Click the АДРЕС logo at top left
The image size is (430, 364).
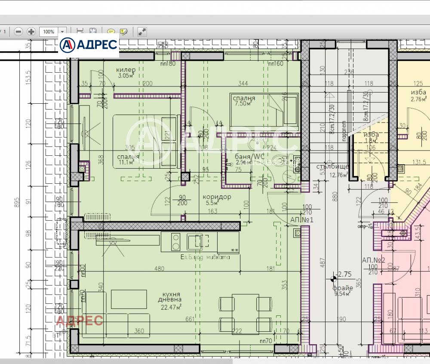[89, 44]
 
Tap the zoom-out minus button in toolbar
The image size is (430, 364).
[18, 31]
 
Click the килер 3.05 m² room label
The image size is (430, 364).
[126, 73]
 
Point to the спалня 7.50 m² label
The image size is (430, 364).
[244, 100]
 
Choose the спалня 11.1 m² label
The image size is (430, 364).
[128, 159]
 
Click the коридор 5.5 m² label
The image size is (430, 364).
[217, 199]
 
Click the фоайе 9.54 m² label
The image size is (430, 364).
[343, 290]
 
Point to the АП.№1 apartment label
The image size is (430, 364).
[301, 219]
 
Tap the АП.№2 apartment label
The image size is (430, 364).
[373, 260]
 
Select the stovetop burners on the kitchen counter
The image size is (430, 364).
[175, 242]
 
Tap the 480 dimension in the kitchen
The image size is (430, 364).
[159, 269]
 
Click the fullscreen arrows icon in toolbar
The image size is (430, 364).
[142, 31]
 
